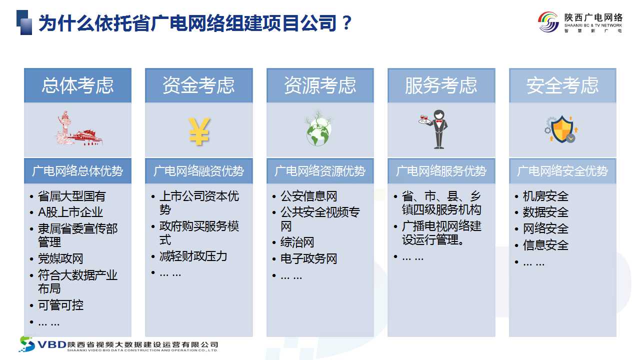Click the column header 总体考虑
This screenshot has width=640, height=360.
[x=77, y=85]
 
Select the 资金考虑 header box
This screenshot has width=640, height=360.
[x=199, y=85]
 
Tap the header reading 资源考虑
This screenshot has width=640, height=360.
[x=320, y=85]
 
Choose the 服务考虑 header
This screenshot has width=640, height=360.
[x=441, y=85]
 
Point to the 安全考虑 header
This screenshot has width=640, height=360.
[x=562, y=85]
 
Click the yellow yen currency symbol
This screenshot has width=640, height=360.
[x=199, y=131]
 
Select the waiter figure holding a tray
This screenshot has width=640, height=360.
[x=434, y=129]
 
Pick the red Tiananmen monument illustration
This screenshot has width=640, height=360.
[x=79, y=128]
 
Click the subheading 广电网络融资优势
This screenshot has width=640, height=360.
[x=199, y=171]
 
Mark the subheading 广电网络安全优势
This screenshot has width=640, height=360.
[x=562, y=171]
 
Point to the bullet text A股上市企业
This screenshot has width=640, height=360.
[x=70, y=212]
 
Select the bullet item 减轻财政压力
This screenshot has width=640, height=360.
[x=193, y=256]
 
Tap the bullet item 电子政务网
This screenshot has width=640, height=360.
[x=308, y=259]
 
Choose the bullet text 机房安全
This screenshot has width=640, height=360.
[x=545, y=196]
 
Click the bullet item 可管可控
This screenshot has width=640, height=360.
[x=60, y=305]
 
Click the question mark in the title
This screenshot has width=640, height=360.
[x=346, y=22]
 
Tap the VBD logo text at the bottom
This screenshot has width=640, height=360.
[x=52, y=345]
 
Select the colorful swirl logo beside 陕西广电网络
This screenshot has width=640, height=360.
[x=548, y=22]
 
